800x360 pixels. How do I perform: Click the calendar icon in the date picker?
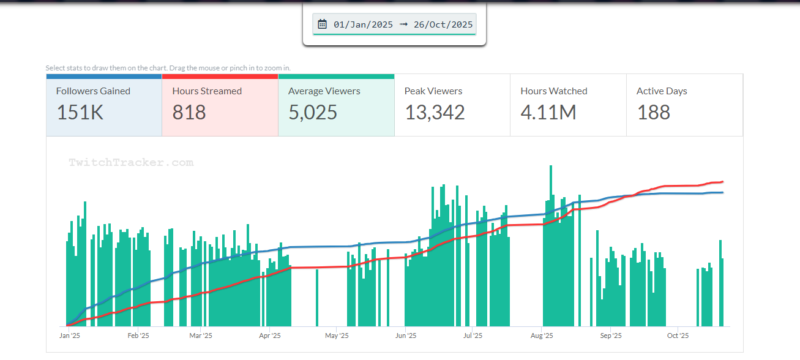[323, 24]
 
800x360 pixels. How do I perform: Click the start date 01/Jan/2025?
[363, 24]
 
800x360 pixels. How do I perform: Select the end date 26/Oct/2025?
[443, 24]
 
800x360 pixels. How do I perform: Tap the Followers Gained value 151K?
[80, 113]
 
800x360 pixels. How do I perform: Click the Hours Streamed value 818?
[189, 113]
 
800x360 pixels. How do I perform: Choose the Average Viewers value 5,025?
[313, 113]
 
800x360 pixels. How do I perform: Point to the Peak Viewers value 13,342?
[435, 113]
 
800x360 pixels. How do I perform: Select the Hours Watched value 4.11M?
[548, 113]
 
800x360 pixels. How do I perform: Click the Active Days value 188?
[654, 113]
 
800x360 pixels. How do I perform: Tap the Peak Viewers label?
[433, 91]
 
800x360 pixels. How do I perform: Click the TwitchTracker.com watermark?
[131, 163]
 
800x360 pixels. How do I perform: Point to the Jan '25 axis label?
[70, 336]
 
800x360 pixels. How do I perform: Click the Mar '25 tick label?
[201, 336]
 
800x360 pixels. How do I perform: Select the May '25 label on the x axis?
[337, 336]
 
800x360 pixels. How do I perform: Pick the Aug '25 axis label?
[542, 336]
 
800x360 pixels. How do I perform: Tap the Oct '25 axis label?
[678, 336]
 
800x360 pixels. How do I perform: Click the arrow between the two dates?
[403, 24]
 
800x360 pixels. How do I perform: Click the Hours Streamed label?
[207, 91]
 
